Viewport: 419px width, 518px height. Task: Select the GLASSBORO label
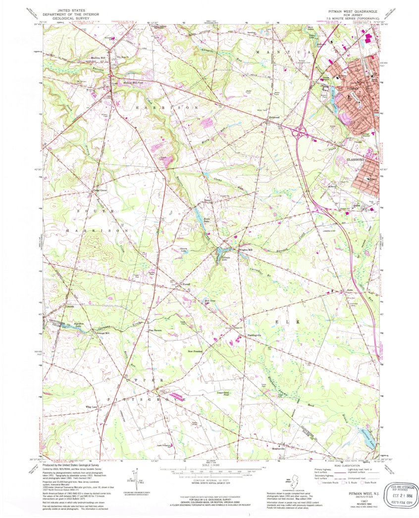[x=355, y=160]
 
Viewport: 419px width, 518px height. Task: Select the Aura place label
[x=349, y=291]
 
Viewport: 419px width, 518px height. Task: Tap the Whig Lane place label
[x=92, y=407]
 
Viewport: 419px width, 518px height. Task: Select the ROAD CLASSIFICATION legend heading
[x=345, y=466]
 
